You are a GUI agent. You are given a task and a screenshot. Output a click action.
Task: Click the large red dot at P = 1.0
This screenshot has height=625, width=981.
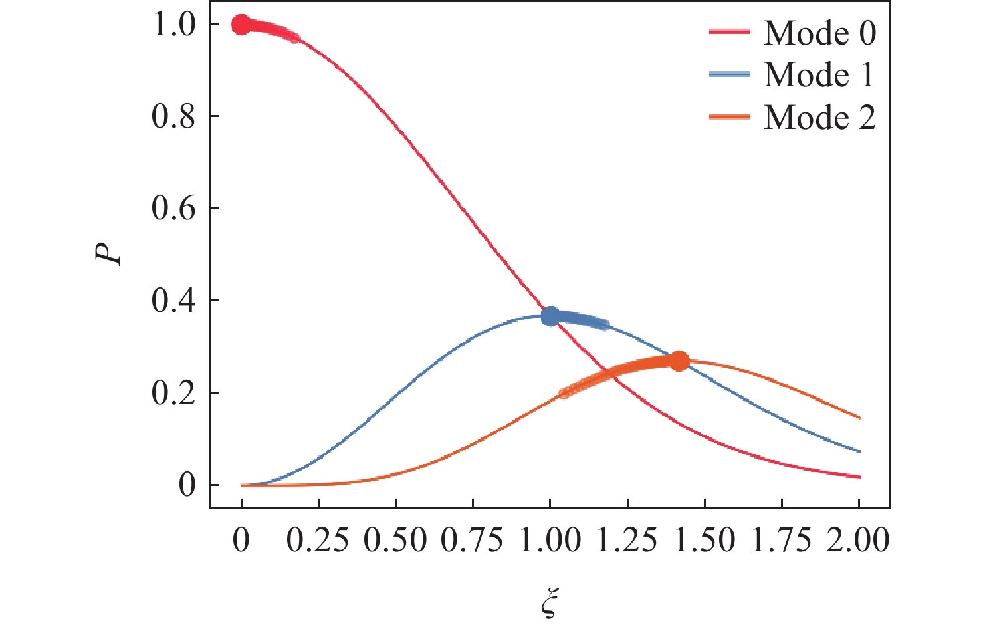[x=241, y=25]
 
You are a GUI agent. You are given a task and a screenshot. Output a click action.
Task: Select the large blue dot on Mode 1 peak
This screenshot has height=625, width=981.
[x=550, y=316]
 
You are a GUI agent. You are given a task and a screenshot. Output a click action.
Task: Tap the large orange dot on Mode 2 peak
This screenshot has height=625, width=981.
[x=679, y=362]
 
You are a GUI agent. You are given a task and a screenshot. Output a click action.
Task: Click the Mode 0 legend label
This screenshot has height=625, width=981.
[x=819, y=33]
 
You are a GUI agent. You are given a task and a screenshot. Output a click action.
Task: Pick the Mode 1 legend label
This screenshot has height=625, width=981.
[x=819, y=74]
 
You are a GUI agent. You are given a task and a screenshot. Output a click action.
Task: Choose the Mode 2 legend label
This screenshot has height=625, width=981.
[x=819, y=118]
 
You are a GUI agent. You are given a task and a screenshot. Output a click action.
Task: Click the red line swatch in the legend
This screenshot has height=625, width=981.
[x=729, y=33]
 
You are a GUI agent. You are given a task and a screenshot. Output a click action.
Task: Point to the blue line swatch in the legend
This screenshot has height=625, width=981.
[x=729, y=74]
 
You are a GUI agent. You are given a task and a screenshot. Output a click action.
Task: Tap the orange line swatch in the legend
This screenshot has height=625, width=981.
[x=729, y=117]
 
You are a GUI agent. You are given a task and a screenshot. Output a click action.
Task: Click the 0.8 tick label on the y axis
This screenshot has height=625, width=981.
[x=173, y=117]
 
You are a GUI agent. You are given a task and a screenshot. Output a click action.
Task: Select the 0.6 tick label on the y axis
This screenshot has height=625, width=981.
[x=173, y=209]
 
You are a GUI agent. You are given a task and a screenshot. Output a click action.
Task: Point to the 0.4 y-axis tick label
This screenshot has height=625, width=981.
[x=173, y=301]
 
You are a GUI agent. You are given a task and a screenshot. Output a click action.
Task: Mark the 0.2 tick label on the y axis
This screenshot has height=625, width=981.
[x=173, y=394]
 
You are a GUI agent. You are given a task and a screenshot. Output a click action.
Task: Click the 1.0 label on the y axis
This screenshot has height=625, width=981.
[x=173, y=25]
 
